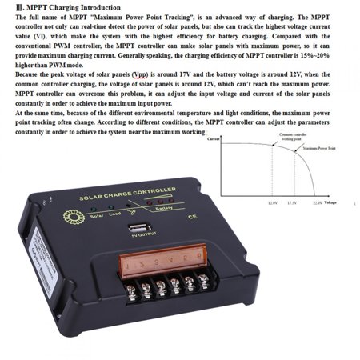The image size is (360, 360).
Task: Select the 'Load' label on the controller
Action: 115,214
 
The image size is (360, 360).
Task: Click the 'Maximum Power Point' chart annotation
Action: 318,148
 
